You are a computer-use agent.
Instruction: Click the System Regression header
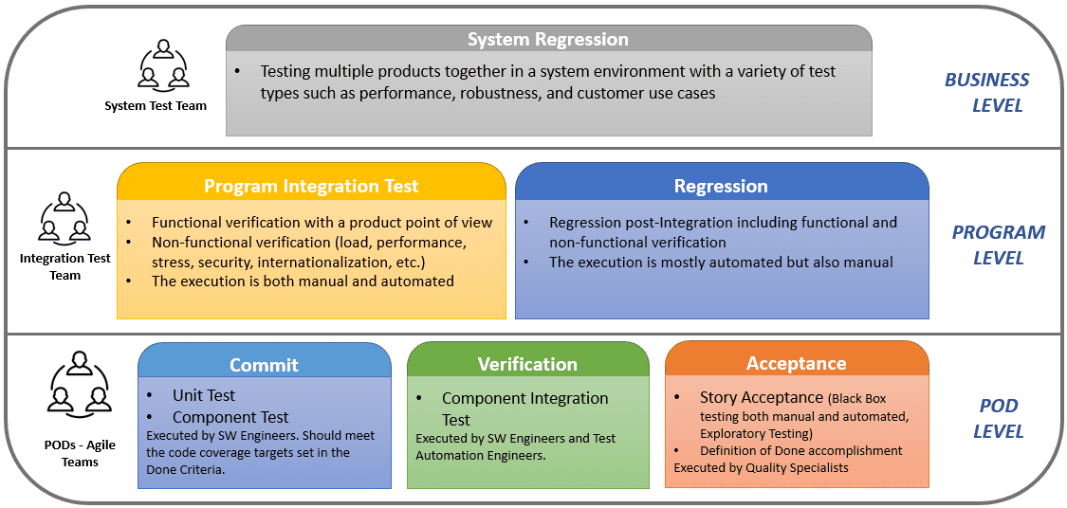(x=547, y=40)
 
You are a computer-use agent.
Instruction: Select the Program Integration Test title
(x=311, y=186)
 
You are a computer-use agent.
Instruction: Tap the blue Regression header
(x=721, y=186)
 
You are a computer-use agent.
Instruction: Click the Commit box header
(x=264, y=365)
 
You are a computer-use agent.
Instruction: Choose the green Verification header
(x=527, y=364)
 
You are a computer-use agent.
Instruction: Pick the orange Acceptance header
(x=796, y=363)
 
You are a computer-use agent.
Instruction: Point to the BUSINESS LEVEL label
(x=987, y=92)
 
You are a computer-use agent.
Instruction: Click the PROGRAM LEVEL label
(x=998, y=245)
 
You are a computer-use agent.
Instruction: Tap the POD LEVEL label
(x=998, y=418)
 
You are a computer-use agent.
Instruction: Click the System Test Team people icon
(x=163, y=64)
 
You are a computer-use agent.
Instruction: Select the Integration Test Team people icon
(x=64, y=218)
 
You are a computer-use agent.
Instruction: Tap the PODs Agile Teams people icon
(x=79, y=385)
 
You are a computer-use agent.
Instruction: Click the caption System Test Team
(x=156, y=106)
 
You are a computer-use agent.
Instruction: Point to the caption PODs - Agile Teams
(x=80, y=454)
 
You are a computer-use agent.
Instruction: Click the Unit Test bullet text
(x=203, y=395)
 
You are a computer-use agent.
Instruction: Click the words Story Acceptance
(x=761, y=398)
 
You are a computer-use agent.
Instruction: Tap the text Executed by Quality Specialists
(x=761, y=467)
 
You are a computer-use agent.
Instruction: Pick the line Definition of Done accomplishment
(x=800, y=450)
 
